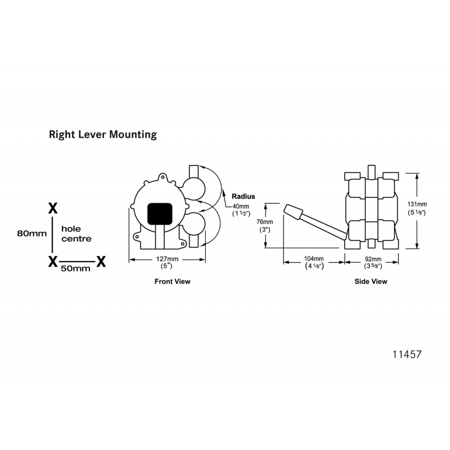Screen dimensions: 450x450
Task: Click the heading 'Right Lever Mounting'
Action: [x=102, y=135]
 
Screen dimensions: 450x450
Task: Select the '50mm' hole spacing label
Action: [x=75, y=269]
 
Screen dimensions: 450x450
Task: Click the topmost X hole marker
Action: [x=53, y=208]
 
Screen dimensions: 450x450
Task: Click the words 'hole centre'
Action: [x=76, y=234]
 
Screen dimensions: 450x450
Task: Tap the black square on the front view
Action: [x=159, y=213]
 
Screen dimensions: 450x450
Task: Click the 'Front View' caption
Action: [x=172, y=281]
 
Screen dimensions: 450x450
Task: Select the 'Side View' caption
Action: [x=371, y=281]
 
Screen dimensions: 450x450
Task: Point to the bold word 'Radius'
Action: [x=243, y=196]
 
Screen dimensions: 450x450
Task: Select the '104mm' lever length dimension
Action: [x=313, y=259]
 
